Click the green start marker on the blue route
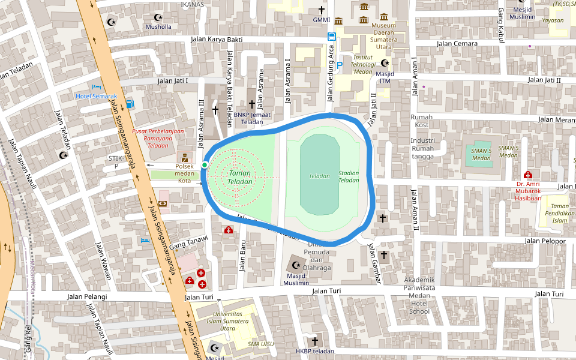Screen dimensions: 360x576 tap(205, 165)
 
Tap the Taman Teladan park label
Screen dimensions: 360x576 tap(239, 178)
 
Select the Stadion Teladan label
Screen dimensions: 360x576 tap(349, 177)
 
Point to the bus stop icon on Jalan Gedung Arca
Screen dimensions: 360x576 tap(331, 37)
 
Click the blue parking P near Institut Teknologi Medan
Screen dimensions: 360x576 tap(340, 65)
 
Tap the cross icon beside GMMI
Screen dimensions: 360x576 tap(322, 10)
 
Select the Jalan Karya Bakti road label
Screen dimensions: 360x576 tap(216, 40)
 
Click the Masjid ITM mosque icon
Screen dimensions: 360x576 tap(385, 64)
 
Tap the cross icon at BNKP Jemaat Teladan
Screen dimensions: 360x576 tap(251, 104)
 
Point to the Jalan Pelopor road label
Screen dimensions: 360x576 tap(545, 241)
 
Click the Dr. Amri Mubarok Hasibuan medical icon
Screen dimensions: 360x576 tap(527, 175)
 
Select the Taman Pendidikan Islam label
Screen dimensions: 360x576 tap(559, 213)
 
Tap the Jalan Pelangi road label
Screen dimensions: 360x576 tap(88, 296)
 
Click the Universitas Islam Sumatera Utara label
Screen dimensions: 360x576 tap(227, 321)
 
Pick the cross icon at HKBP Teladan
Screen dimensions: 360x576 tap(314, 341)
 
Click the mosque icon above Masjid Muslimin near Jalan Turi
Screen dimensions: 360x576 tap(295, 264)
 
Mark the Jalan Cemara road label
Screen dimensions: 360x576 tap(457, 43)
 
